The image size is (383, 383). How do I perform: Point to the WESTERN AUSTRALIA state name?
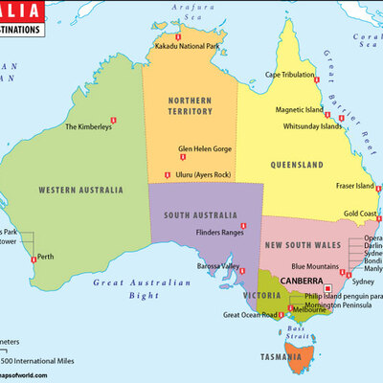click(80, 191)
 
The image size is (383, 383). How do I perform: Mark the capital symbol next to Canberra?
click(327, 287)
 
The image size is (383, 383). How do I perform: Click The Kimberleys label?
click(88, 126)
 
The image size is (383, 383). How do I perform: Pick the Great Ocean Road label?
click(250, 314)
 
